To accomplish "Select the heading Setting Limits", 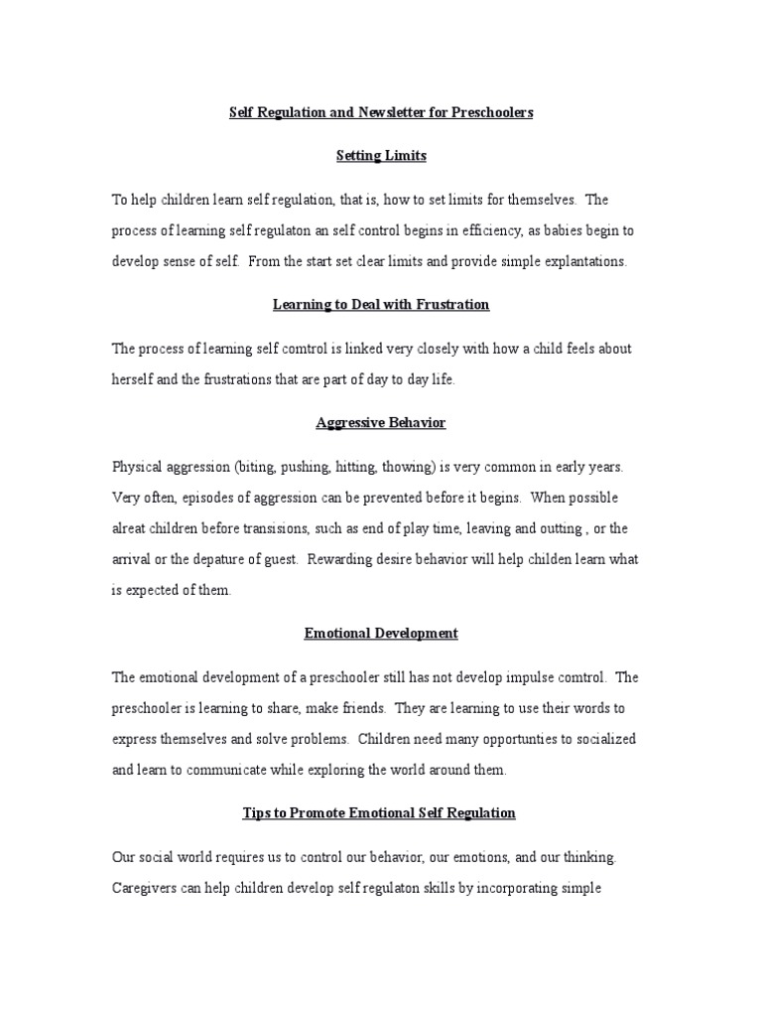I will tap(381, 156).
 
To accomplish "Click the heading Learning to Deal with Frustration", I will tap(381, 305).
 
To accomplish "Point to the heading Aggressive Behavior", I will tap(381, 423).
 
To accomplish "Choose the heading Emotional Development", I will tap(381, 633).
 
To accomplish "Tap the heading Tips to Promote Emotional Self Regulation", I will tap(381, 812).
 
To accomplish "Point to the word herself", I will tap(136, 380).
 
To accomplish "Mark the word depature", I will tap(226, 559).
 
